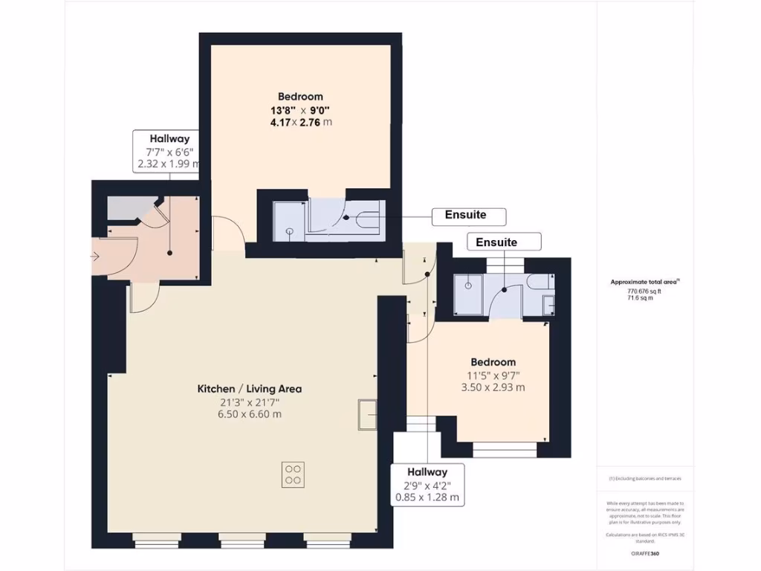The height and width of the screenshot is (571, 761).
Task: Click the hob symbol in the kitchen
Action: pos(293,474)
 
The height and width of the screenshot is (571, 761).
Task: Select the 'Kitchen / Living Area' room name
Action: pos(249,389)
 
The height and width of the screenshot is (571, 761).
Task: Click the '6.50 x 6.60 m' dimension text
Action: pos(249,414)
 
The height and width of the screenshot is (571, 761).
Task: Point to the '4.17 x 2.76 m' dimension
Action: pos(300,122)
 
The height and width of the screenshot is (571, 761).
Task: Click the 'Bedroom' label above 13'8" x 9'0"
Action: pos(300,96)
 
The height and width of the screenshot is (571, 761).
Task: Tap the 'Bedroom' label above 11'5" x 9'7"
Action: pos(493,362)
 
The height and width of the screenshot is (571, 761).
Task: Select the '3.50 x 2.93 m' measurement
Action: pos(493,387)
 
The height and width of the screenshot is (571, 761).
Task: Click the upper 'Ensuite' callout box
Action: pos(469,216)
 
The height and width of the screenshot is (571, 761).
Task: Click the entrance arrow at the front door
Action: pos(95,257)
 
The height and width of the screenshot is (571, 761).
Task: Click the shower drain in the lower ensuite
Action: pos(468,285)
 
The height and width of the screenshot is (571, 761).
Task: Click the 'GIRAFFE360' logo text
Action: pos(644,554)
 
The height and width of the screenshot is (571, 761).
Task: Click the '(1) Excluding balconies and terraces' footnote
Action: pos(644,478)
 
